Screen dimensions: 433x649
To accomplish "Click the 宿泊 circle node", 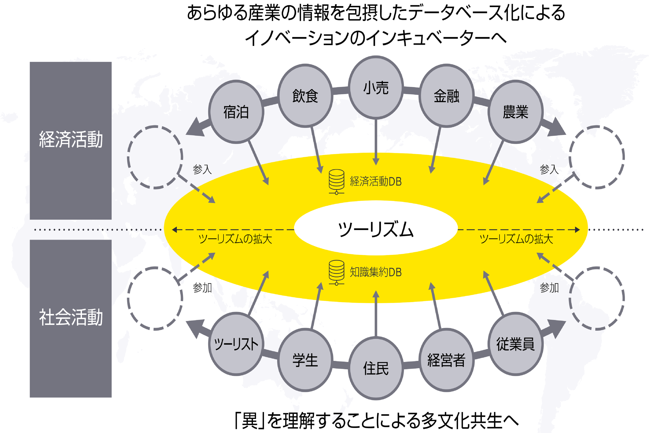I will [236, 112].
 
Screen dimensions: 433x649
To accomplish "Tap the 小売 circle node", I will [376, 88].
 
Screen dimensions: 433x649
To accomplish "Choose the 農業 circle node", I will [515, 112].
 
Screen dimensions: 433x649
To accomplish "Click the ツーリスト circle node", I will [236, 344].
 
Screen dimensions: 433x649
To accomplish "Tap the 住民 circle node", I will [376, 368].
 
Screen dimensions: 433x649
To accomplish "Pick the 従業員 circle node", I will [515, 344].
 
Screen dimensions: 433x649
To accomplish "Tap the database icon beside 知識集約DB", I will [336, 272].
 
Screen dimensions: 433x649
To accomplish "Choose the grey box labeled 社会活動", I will [71, 318].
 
